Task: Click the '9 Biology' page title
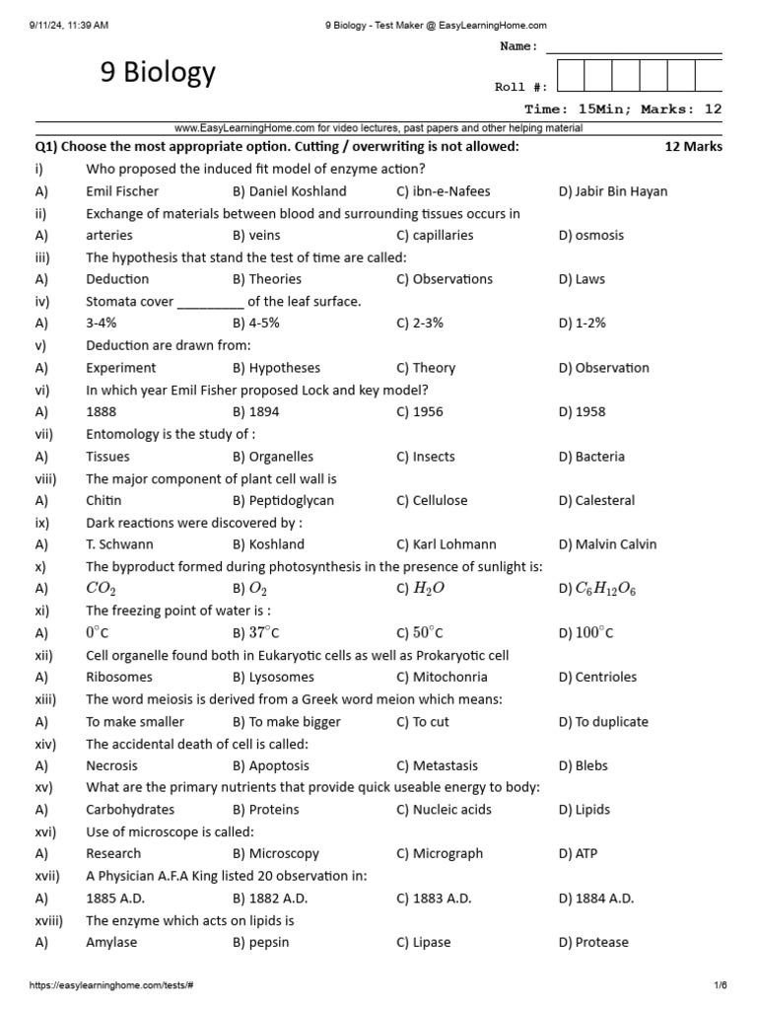tap(158, 72)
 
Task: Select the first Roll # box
tap(571, 77)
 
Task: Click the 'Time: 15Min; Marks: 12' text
tap(623, 109)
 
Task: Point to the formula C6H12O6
tap(604, 589)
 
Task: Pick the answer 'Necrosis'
tap(111, 766)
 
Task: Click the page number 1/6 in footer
tap(721, 985)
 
